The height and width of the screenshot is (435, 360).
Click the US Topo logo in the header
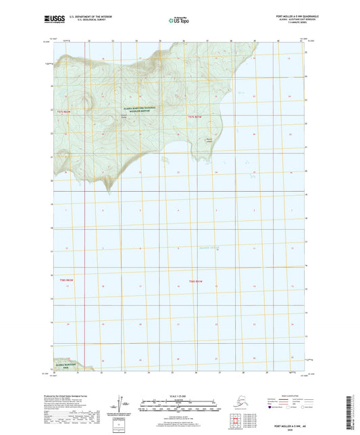click(179, 20)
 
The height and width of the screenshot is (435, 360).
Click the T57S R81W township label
click(195, 116)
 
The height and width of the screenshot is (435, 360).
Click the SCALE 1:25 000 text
click(180, 396)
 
